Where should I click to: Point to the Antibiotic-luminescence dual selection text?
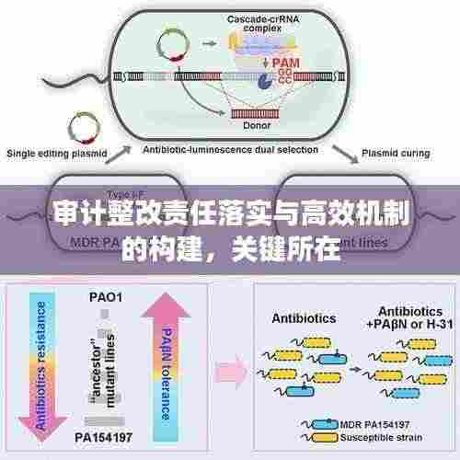pos(234,149)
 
